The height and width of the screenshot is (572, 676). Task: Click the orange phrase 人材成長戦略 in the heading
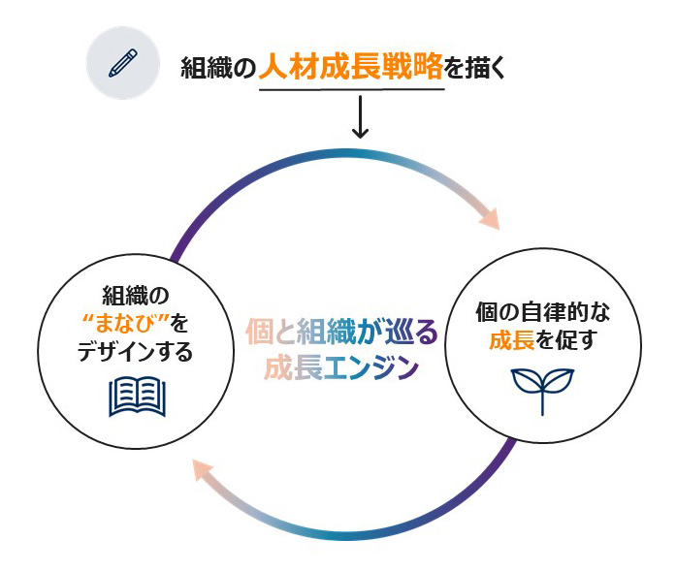coord(351,68)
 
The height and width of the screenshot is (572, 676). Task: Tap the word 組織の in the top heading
coord(218,69)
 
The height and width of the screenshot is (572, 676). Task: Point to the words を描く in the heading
coord(476,69)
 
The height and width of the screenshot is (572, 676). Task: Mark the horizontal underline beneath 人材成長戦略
coord(351,89)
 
